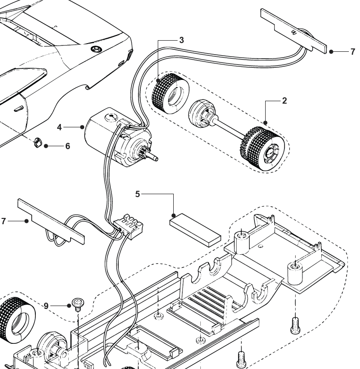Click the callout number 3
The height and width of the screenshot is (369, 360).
(x=181, y=40)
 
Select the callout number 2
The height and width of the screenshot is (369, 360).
(x=285, y=101)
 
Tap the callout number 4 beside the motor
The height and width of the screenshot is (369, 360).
(x=60, y=127)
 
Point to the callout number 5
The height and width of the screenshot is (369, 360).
(x=137, y=194)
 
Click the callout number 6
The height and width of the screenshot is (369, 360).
(x=67, y=146)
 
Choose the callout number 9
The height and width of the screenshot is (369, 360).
(x=46, y=306)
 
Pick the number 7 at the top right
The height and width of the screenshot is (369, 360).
(x=353, y=52)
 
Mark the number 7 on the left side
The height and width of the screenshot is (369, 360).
(x=4, y=221)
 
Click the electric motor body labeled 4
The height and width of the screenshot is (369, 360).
(x=104, y=136)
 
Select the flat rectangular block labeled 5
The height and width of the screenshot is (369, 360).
(x=195, y=231)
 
